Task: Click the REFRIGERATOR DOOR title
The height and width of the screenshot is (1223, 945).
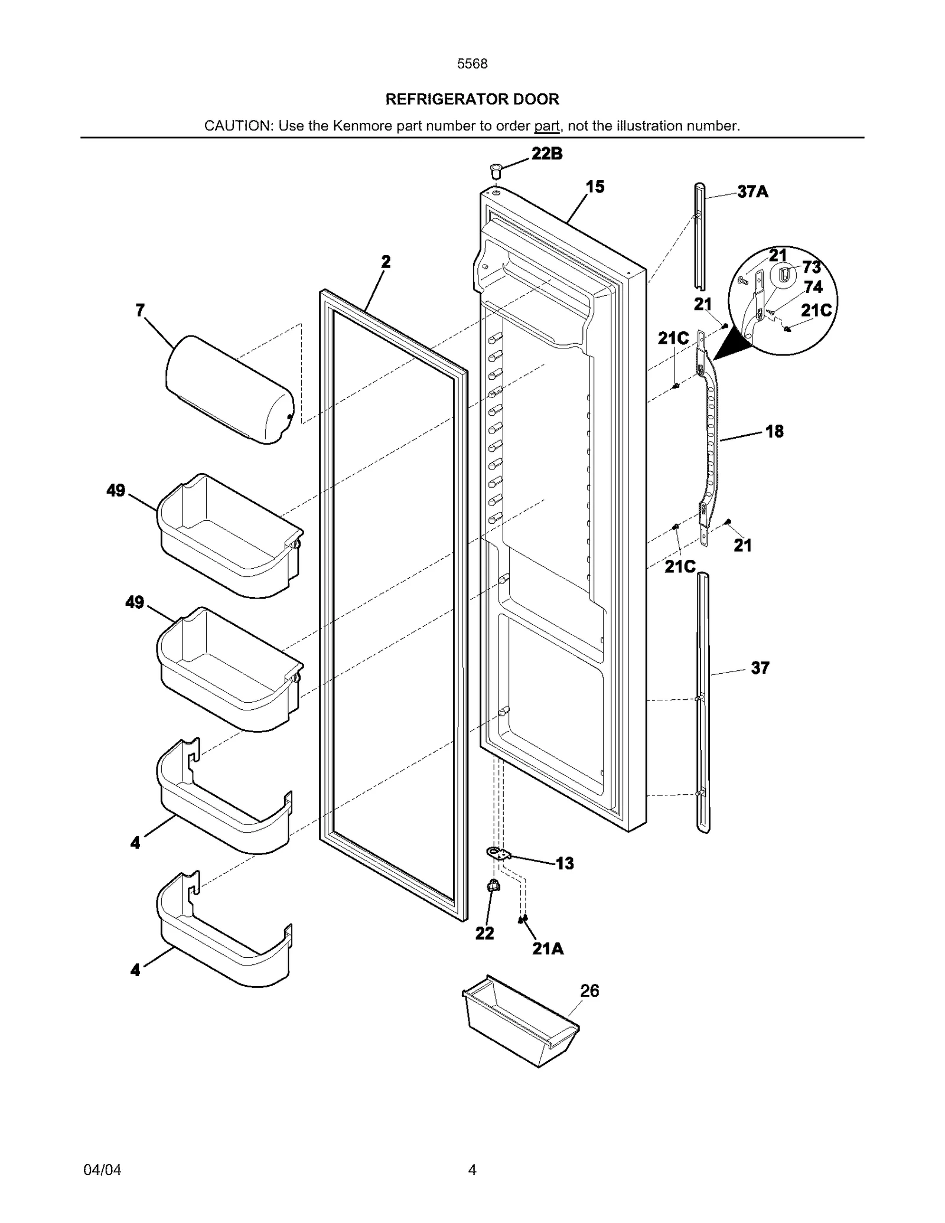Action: point(472,99)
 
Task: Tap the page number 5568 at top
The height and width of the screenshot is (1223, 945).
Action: point(472,64)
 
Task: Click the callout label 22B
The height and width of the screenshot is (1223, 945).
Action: point(546,154)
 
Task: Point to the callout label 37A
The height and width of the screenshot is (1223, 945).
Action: point(752,191)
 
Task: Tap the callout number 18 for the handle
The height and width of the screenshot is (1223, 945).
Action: point(774,432)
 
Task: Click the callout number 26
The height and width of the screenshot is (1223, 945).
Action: point(589,991)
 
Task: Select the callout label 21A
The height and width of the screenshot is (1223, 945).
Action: point(548,948)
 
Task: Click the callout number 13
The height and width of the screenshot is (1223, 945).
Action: point(565,864)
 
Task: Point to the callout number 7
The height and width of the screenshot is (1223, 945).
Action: point(140,310)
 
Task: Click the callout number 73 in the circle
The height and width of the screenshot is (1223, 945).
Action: point(812,268)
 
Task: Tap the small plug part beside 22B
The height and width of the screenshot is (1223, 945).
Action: point(495,172)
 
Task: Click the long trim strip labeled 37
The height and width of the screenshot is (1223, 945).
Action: point(703,703)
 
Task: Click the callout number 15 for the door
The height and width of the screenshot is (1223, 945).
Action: point(595,187)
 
